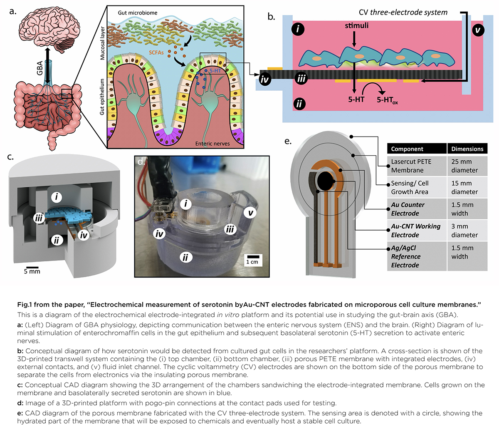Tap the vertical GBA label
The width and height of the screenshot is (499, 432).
tap(40, 68)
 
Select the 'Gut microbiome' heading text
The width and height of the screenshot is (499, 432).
tap(138, 13)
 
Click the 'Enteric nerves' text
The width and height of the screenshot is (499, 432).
tap(212, 144)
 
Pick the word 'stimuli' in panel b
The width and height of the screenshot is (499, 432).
tap(356, 26)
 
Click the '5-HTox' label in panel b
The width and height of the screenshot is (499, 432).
tap(387, 100)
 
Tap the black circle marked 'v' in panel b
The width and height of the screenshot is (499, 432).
tap(478, 30)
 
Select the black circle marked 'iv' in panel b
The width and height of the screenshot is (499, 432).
tap(265, 79)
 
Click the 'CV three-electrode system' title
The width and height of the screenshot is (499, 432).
tap(403, 12)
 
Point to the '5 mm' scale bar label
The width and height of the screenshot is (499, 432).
tap(32, 271)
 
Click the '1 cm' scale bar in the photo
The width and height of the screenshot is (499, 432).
tap(252, 259)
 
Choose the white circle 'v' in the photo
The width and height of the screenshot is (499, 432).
tap(250, 213)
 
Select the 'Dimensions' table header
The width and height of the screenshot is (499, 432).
tap(467, 149)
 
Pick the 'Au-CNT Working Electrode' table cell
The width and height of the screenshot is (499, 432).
tap(416, 231)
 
